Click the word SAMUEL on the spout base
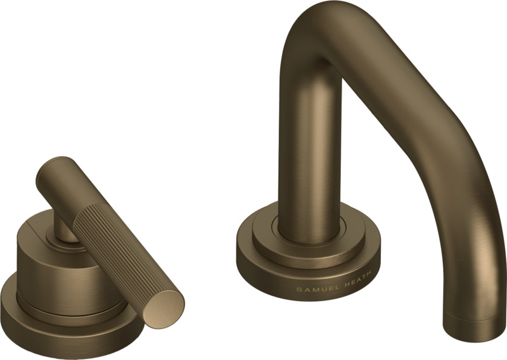[314, 287]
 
